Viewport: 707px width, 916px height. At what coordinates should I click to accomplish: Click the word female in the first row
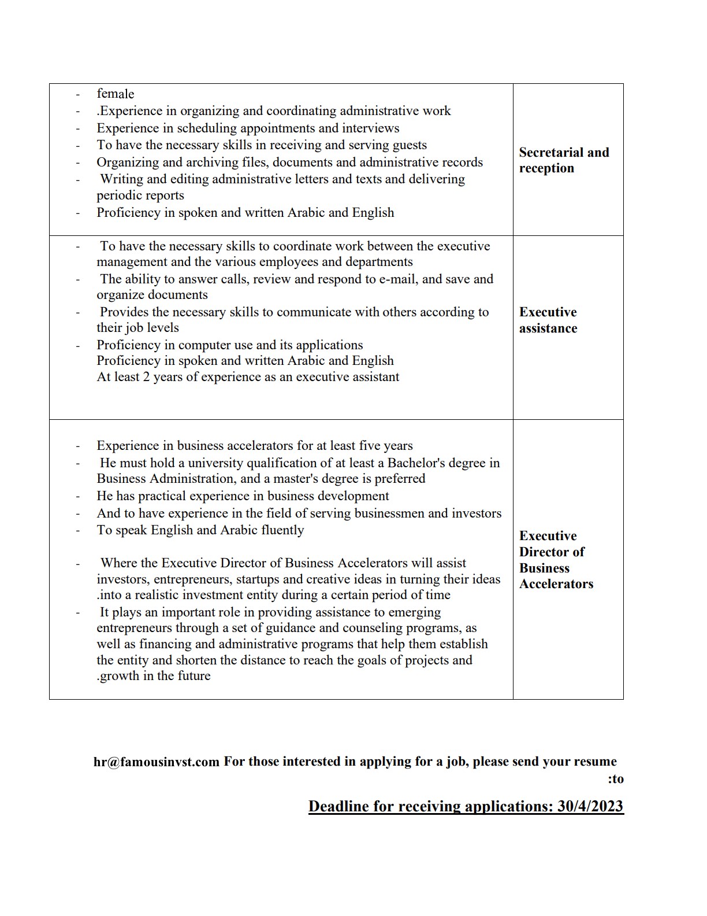[115, 94]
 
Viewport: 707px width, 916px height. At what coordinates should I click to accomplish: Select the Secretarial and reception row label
[564, 160]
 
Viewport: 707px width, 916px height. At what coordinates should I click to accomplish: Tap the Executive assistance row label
[548, 320]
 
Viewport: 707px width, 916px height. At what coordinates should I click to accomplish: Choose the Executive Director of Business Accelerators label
[556, 560]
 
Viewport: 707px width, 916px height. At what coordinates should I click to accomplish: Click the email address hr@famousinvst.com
[157, 762]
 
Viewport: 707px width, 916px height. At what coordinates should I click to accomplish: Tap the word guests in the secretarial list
[408, 145]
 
